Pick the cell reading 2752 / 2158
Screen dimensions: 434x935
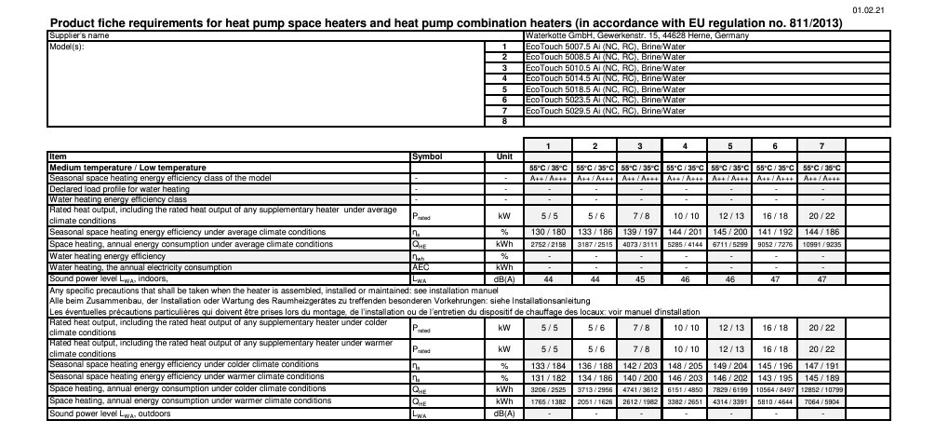548,244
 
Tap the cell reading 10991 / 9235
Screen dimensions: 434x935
821,244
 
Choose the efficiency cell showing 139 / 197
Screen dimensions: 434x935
639,230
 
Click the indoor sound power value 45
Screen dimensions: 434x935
639,278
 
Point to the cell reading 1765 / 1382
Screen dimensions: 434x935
548,400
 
